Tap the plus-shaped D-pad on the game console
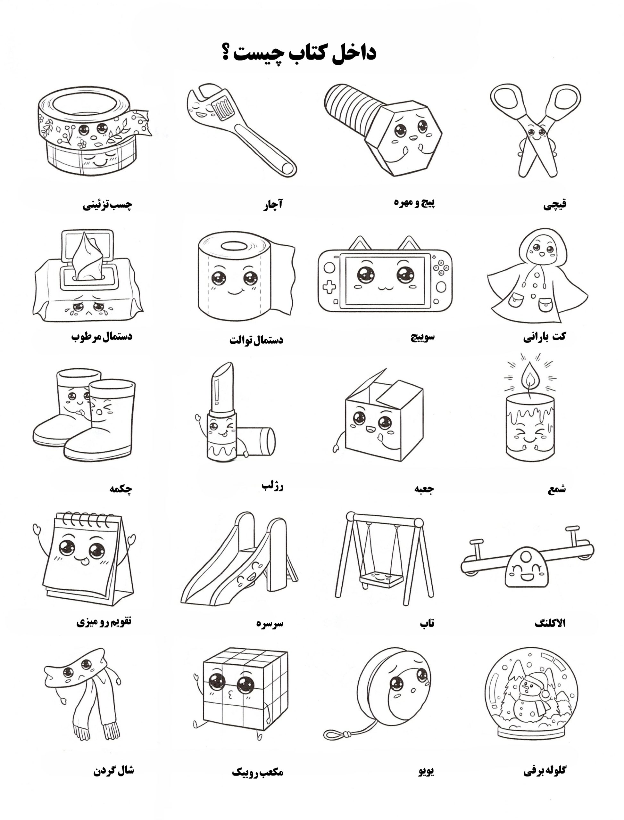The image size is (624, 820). tap(329, 287)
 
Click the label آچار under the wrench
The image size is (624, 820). tap(273, 204)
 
